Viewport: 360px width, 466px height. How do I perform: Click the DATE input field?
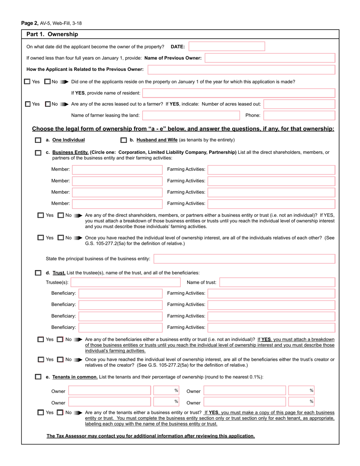(x=227, y=47)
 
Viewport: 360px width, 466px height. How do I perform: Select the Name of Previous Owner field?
(x=270, y=58)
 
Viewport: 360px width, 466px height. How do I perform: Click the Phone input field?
(x=299, y=115)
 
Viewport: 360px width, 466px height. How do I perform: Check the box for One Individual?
(x=38, y=140)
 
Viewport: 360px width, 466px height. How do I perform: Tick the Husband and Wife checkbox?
(x=124, y=140)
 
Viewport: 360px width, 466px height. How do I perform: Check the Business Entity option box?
(x=38, y=153)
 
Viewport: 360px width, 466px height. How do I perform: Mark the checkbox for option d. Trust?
(x=38, y=273)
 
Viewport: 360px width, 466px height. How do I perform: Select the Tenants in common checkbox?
(x=38, y=377)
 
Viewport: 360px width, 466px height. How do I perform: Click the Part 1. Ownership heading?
(x=52, y=34)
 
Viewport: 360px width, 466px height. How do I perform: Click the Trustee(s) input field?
(x=125, y=282)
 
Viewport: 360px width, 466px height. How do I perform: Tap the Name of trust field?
(x=277, y=282)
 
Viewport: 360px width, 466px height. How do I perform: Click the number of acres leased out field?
(x=299, y=104)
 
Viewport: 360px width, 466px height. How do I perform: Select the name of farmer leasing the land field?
(x=191, y=115)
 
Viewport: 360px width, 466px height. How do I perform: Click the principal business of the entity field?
(x=244, y=259)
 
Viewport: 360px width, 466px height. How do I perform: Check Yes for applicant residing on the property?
(x=27, y=81)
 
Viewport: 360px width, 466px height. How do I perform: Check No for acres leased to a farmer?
(x=48, y=104)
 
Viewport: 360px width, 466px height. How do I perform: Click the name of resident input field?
(x=239, y=93)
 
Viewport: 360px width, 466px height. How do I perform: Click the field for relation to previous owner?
(x=241, y=69)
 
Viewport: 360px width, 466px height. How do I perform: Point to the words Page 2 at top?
(x=30, y=23)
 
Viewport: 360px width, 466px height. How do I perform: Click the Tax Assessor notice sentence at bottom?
(x=150, y=436)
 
